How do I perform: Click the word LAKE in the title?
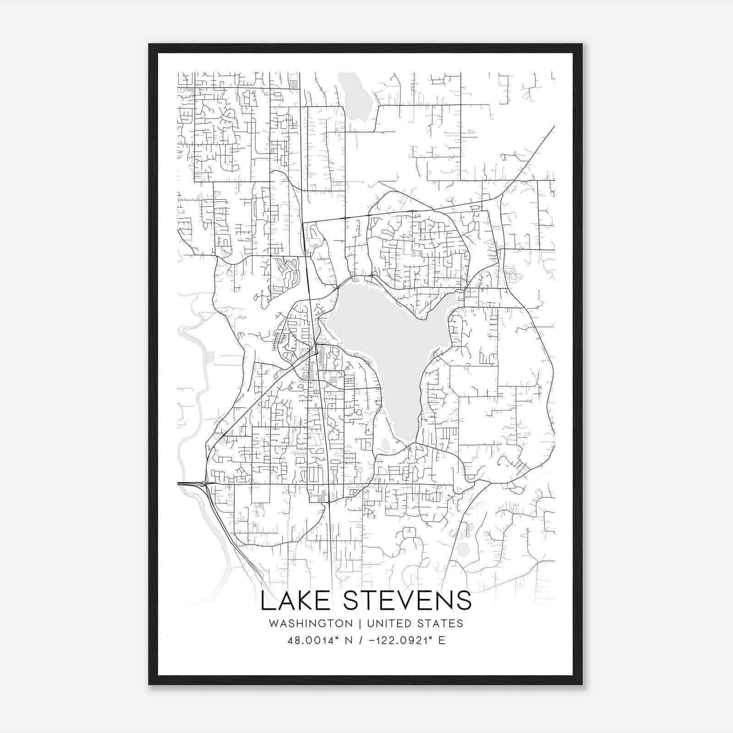click(x=296, y=601)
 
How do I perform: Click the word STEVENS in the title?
click(x=407, y=601)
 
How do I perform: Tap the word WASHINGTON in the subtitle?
click(x=311, y=624)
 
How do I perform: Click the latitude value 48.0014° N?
click(x=319, y=640)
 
